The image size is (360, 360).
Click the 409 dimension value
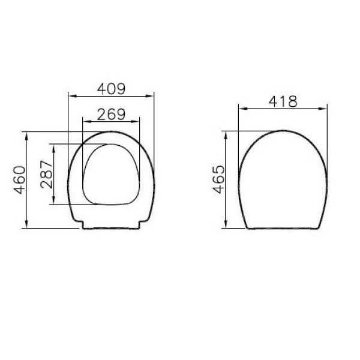coord(112,89)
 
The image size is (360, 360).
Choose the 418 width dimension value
coord(283,101)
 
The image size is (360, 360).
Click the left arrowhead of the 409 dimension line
coord(72,95)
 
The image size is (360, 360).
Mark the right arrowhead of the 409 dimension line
coord(151,95)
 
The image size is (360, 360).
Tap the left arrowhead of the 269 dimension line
coord(85,121)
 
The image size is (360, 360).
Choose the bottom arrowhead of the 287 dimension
coord(53,202)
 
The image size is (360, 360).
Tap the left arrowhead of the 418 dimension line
coord(241,109)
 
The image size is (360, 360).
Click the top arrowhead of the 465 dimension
coord(226,133)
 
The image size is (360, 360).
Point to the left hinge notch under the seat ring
coord(82,224)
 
